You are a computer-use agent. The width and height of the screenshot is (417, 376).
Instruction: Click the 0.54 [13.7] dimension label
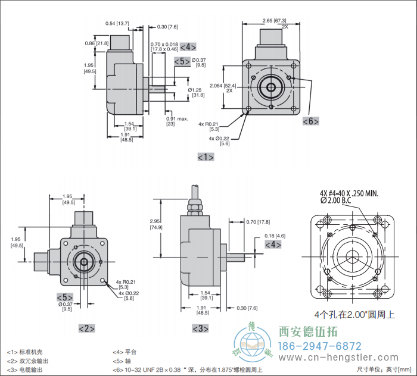(x=117, y=23)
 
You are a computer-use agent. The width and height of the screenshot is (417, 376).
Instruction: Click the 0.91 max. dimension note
(x=176, y=120)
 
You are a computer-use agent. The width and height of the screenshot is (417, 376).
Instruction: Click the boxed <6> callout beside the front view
(x=310, y=121)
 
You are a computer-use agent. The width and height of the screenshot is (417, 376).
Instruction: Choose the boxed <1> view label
(x=205, y=157)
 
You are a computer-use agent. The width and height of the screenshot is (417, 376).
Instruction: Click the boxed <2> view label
(x=86, y=328)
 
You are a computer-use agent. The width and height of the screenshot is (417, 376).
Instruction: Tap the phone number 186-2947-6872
(x=320, y=346)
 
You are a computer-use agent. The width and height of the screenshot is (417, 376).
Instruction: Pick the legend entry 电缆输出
(x=31, y=369)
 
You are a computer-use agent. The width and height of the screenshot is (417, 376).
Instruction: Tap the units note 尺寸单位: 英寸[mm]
(x=385, y=369)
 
